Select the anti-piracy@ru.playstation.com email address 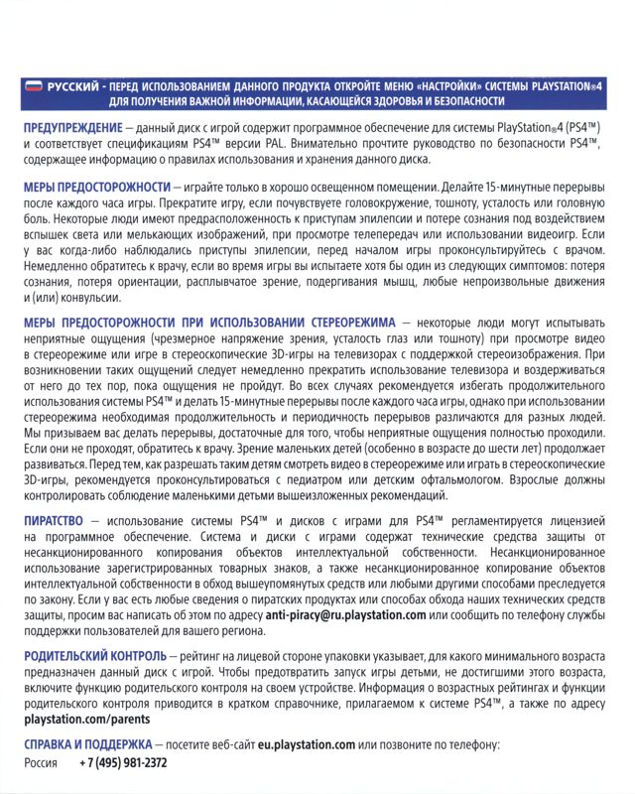pyautogui.click(x=346, y=615)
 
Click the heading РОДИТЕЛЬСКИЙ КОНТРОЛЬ pyautogui.click(x=94, y=657)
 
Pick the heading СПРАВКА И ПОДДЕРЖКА pyautogui.click(x=88, y=743)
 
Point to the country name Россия pyautogui.click(x=42, y=763)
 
